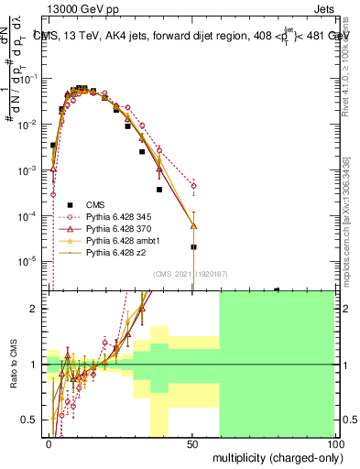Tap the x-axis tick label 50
tap(191, 442)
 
